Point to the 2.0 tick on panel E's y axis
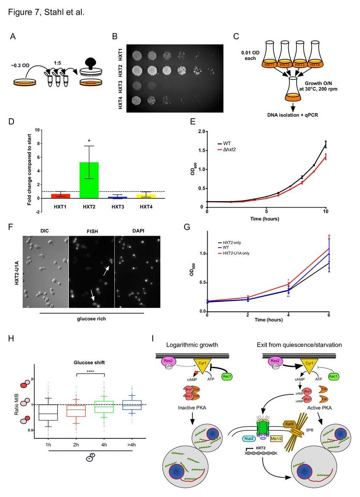pos(201,131)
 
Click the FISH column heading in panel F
pos(92,231)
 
